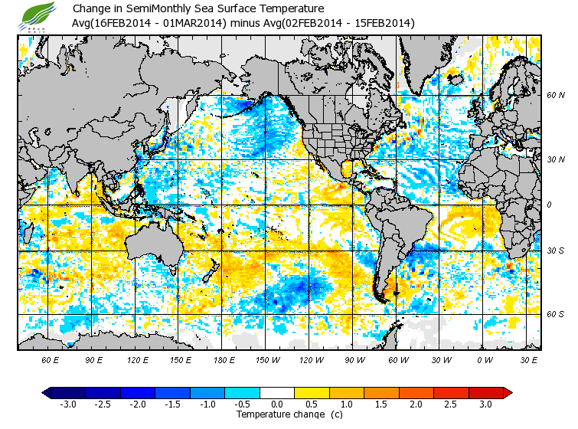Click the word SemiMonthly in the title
point(158,9)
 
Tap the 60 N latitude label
point(554,96)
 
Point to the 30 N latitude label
point(554,159)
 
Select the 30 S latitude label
point(554,251)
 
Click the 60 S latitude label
point(554,314)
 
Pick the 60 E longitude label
point(51,359)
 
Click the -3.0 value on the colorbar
point(68,404)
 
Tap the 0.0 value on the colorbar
point(277,404)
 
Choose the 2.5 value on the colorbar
point(451,404)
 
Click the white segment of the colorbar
point(277,393)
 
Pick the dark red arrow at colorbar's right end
point(508,393)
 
